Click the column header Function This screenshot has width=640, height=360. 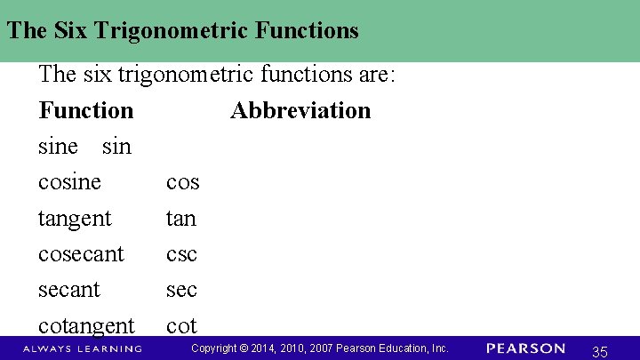[86, 111]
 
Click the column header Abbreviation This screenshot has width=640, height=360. [300, 111]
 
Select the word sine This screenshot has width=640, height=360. [58, 147]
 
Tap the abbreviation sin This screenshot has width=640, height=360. [116, 147]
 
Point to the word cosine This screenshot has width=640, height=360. [69, 182]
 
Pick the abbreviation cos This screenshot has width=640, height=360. [182, 183]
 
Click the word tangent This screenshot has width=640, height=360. [75, 219]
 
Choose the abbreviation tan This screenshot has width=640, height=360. [180, 219]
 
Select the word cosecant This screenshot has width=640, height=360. [81, 254]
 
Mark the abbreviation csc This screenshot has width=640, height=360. [181, 255]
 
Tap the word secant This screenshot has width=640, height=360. [69, 290]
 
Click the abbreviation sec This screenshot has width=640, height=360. [181, 291]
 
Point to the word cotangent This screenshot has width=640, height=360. [86, 326]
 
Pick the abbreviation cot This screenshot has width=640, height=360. [180, 326]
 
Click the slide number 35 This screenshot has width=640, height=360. [599, 352]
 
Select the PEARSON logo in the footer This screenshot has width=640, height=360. [525, 348]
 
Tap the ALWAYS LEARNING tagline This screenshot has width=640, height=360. [83, 348]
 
